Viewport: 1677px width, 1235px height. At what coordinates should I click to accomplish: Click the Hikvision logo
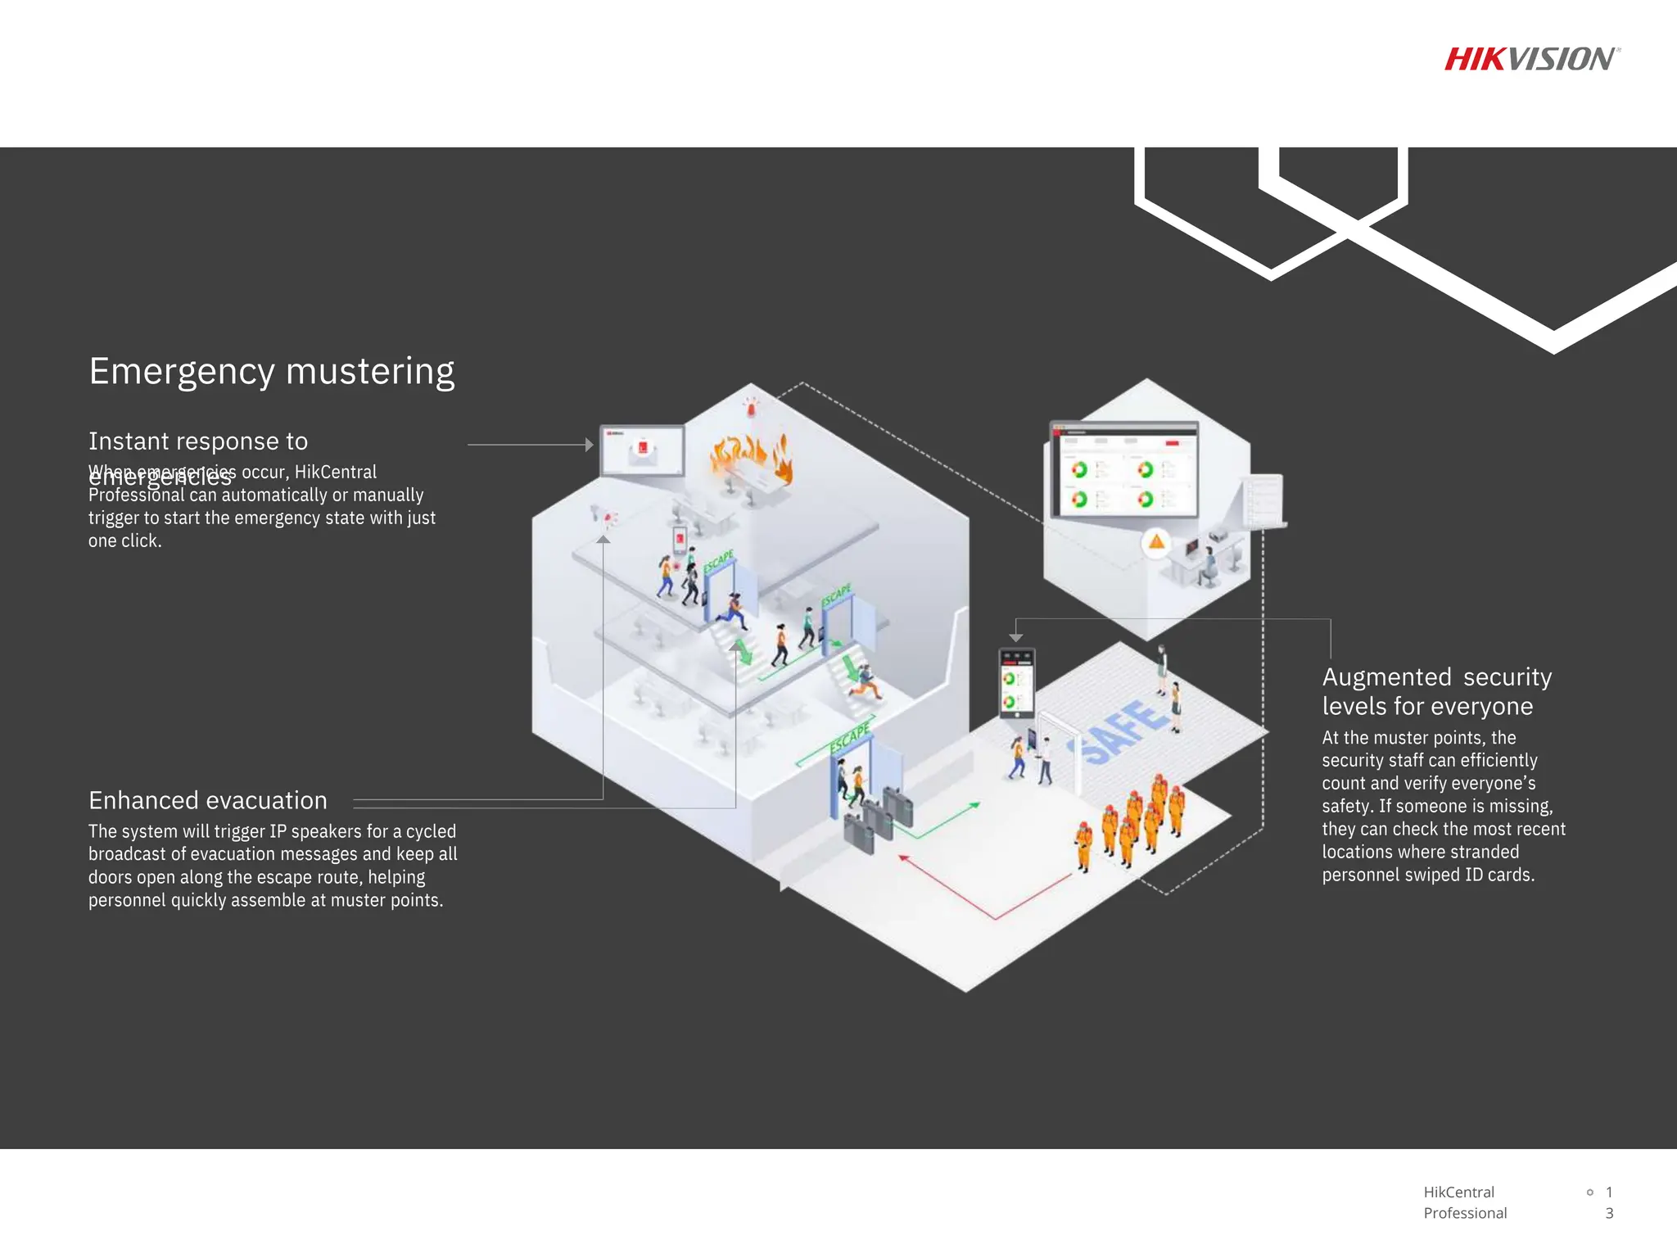point(1531,59)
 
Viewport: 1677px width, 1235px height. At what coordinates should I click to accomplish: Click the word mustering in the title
point(370,372)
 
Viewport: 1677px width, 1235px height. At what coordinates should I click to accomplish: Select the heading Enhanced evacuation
point(208,800)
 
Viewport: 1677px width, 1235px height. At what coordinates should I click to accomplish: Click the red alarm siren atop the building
point(750,405)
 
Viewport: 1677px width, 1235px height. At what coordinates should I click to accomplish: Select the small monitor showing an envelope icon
point(642,450)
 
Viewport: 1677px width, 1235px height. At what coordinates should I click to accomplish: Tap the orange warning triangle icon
point(1156,541)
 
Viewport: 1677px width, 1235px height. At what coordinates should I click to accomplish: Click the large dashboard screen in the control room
point(1124,470)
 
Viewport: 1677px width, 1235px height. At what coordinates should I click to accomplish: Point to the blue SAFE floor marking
point(1123,731)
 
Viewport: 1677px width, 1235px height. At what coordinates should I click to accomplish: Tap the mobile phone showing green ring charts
point(1016,682)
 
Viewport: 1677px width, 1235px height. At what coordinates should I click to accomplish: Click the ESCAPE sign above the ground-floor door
point(850,739)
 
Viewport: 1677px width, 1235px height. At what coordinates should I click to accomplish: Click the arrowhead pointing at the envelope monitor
point(589,445)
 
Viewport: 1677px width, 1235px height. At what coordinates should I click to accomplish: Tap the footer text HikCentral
point(1458,1192)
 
